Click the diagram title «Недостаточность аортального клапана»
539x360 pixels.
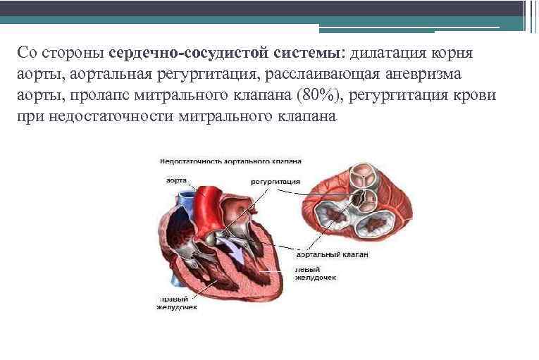coord(231,160)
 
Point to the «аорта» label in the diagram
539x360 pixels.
coord(176,180)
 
